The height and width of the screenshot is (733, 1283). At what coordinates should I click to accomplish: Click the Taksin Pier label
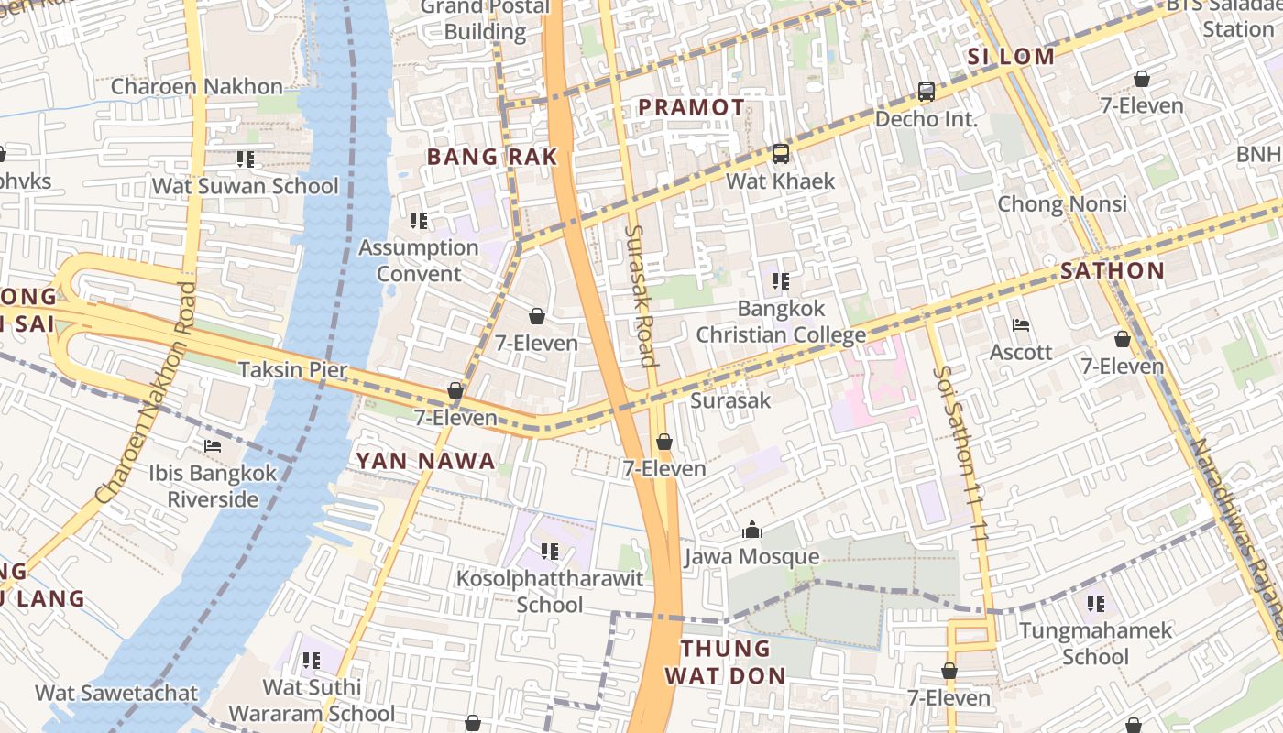point(292,370)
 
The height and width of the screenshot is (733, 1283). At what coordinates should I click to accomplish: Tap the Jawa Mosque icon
point(751,531)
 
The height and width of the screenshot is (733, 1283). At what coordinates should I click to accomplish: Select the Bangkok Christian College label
point(781,322)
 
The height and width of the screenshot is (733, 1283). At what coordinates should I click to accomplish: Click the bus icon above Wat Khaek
point(780,154)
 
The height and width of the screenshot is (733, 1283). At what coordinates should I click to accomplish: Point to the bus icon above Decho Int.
point(927,92)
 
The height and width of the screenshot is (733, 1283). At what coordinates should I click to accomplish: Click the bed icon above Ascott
point(1021,325)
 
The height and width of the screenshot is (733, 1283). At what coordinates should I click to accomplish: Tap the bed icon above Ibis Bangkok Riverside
point(213,446)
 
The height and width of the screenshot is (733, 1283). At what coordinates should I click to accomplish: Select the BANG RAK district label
point(492,157)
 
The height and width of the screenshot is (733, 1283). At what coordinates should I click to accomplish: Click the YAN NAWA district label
point(425,461)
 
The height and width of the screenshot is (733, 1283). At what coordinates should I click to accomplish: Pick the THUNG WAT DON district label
point(725,662)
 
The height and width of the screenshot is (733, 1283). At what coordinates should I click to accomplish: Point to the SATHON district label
point(1112,270)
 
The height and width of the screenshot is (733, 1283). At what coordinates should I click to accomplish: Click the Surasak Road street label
point(641,295)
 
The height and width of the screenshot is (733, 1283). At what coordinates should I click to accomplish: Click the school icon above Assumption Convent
point(419,221)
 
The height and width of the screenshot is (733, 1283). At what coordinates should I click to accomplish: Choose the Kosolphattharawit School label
point(550,592)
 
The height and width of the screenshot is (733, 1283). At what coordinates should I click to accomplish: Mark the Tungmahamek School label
point(1095,643)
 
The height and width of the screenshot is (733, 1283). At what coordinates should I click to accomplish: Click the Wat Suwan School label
point(245,186)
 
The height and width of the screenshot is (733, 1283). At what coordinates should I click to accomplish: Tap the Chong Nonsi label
point(1062,203)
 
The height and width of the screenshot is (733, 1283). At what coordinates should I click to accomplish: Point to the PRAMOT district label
point(691,107)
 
